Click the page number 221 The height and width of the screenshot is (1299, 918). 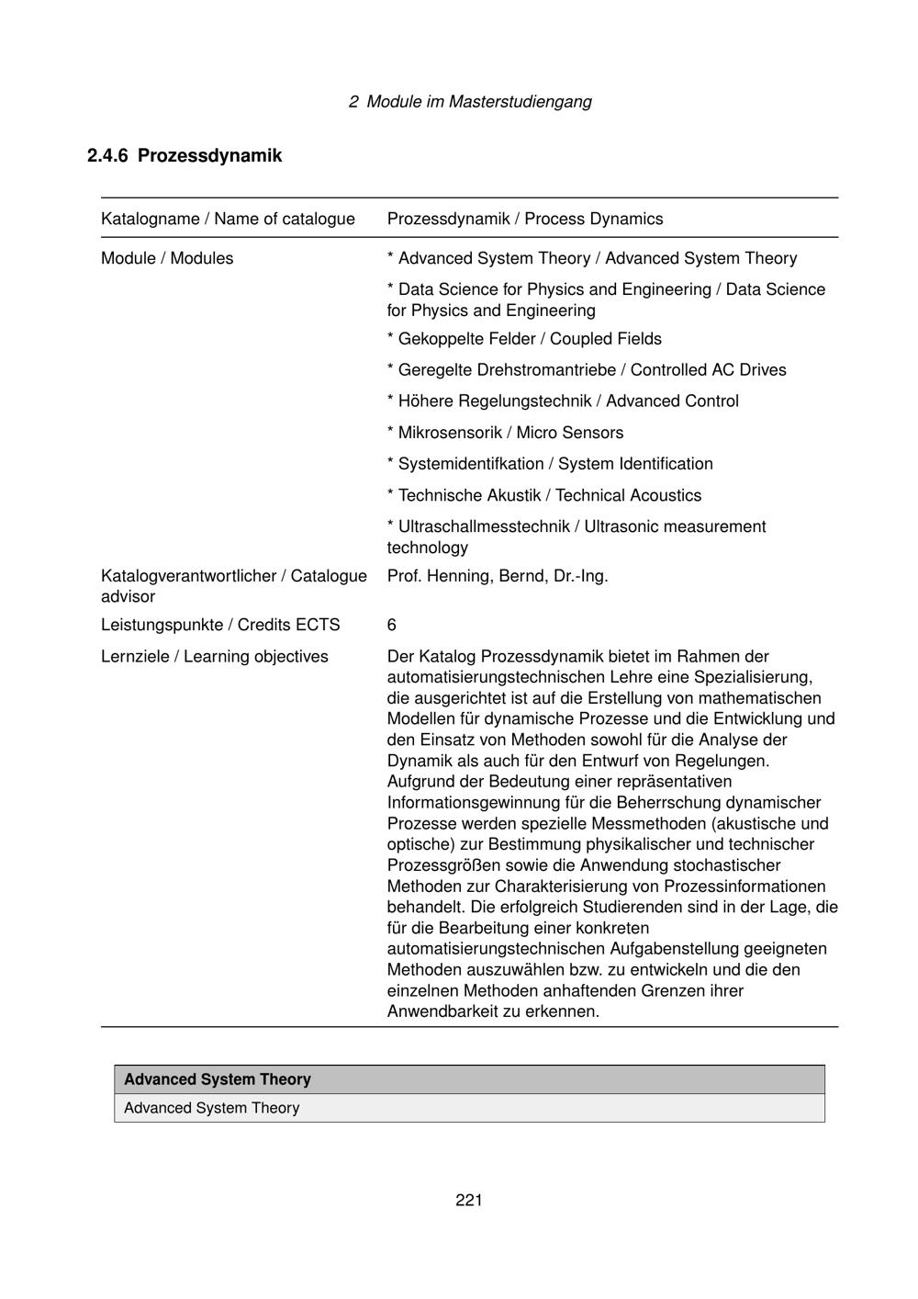click(469, 1200)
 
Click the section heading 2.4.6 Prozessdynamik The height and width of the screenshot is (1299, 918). click(185, 155)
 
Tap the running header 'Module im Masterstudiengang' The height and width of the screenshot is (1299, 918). click(478, 101)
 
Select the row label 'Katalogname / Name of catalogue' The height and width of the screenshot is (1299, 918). click(228, 219)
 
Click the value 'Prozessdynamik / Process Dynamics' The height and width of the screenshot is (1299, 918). click(525, 219)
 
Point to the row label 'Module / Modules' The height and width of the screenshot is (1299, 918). click(167, 258)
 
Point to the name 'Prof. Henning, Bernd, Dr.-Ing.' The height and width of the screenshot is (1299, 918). click(498, 576)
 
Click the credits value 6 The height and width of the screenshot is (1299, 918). click(392, 626)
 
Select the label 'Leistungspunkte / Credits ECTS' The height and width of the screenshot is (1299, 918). click(220, 626)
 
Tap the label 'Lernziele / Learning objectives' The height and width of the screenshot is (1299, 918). click(215, 657)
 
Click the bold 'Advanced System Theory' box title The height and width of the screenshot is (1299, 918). click(218, 1079)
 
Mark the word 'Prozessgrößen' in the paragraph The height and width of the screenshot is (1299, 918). click(442, 865)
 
